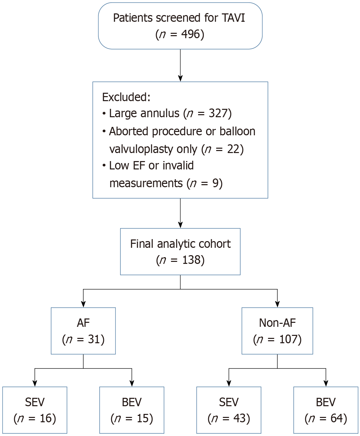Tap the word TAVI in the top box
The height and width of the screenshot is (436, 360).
[233, 18]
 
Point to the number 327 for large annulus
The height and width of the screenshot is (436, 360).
[218, 113]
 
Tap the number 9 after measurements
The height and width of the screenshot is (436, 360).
[215, 183]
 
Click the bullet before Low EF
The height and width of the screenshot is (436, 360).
[104, 166]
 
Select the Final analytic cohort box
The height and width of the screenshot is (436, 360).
[180, 251]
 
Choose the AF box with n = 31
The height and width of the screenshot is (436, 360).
[83, 331]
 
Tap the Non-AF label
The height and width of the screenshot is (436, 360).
[277, 323]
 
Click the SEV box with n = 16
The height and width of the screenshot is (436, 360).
[35, 410]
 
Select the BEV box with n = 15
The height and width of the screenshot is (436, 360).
[132, 410]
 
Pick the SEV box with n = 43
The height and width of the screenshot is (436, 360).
[229, 410]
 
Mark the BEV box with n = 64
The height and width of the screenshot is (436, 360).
[326, 410]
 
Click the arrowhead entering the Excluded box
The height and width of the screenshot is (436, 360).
[180, 79]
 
